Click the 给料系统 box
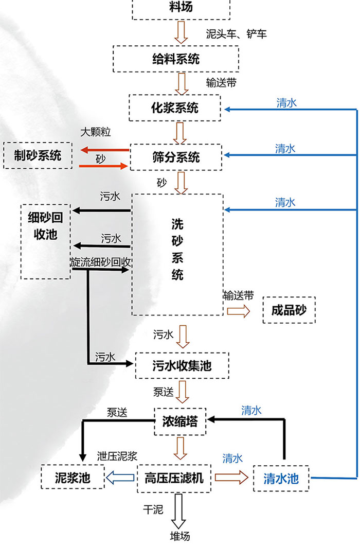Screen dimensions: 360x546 [176, 59]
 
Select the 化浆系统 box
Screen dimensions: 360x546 [175, 108]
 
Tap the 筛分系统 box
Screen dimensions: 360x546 [176, 157]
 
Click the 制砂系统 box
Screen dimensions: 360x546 [38, 155]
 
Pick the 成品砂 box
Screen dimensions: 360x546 [289, 310]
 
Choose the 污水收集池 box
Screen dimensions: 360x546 [182, 365]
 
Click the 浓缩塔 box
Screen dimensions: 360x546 [180, 421]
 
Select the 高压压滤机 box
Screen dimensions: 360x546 [174, 478]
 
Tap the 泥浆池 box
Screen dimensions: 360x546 [73, 477]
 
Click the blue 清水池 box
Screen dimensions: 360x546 [281, 478]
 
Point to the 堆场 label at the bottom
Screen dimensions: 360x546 [180, 536]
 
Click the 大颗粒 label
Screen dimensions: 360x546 [95, 132]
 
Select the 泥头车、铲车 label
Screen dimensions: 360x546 [237, 34]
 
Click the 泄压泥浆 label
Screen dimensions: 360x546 [117, 456]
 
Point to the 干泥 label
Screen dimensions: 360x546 [153, 510]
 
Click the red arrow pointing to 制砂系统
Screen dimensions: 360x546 [104, 150]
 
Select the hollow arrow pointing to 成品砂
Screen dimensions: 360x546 [239, 311]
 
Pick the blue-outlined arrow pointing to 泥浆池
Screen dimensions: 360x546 [120, 478]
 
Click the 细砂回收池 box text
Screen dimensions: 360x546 [46, 226]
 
